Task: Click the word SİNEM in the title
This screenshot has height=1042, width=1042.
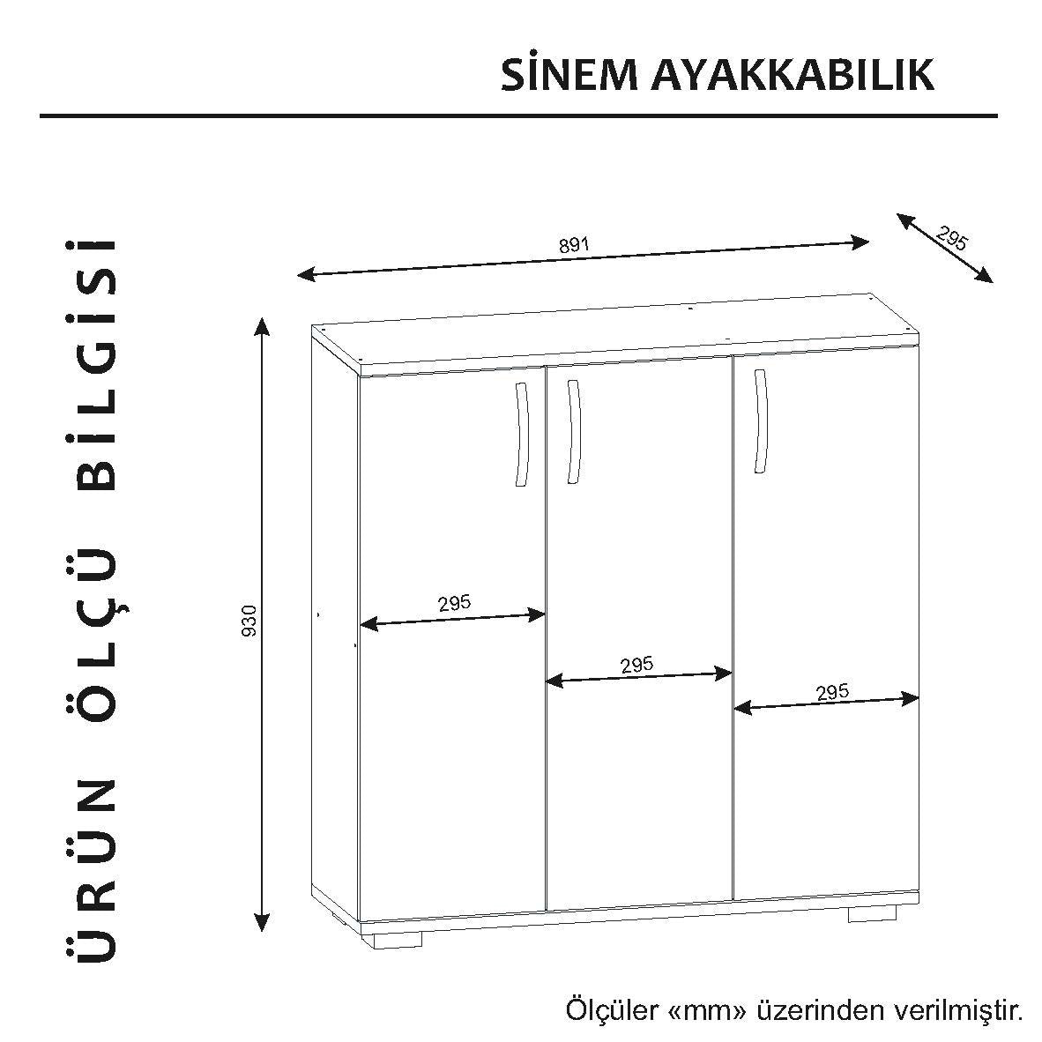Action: pyautogui.click(x=569, y=74)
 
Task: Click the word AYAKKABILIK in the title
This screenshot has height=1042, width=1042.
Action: pyautogui.click(x=793, y=74)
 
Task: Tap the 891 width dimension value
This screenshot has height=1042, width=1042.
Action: pyautogui.click(x=574, y=244)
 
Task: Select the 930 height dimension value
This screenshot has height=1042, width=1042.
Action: pyautogui.click(x=249, y=621)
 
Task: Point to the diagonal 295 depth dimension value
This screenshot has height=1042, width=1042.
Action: pyautogui.click(x=951, y=238)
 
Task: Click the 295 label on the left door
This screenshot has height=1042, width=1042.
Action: pyautogui.click(x=455, y=603)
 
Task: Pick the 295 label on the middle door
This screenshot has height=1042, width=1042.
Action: pyautogui.click(x=636, y=665)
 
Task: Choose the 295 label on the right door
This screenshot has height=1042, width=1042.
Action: pyautogui.click(x=832, y=692)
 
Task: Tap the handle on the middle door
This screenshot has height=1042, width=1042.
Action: pyautogui.click(x=574, y=431)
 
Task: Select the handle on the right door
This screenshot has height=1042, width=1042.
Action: pyautogui.click(x=761, y=420)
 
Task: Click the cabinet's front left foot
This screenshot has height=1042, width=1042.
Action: pyautogui.click(x=396, y=939)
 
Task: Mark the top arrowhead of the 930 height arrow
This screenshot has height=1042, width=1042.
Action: pyautogui.click(x=263, y=328)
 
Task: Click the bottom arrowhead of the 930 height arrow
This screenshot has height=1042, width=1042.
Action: pyautogui.click(x=263, y=921)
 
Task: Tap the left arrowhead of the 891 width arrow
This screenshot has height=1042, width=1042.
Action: pyautogui.click(x=307, y=273)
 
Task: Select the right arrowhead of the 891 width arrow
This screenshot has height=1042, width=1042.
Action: pyautogui.click(x=860, y=242)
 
